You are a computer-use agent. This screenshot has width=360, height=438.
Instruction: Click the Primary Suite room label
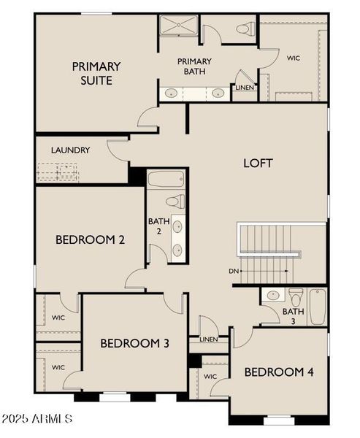pyautogui.click(x=96, y=73)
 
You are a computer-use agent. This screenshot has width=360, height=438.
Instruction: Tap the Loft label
pyautogui.click(x=258, y=163)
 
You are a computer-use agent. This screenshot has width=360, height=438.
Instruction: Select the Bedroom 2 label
pyautogui.click(x=90, y=239)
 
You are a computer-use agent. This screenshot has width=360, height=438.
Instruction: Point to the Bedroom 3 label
pyautogui.click(x=135, y=343)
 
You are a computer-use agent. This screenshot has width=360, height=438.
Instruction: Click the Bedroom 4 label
pyautogui.click(x=279, y=372)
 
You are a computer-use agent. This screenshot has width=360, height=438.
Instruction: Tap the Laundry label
pyautogui.click(x=71, y=150)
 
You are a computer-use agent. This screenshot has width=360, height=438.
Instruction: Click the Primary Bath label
pyautogui.click(x=194, y=66)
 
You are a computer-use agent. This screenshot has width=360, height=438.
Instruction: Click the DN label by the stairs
pyautogui.click(x=234, y=272)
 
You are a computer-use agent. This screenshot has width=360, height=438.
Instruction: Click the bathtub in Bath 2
pyautogui.click(x=166, y=179)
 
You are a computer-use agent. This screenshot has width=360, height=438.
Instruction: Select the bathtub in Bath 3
pyautogui.click(x=318, y=307)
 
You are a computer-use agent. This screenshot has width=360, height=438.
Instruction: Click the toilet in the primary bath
pyautogui.click(x=246, y=29)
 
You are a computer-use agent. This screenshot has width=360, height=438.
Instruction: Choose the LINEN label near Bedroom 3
pyautogui.click(x=208, y=339)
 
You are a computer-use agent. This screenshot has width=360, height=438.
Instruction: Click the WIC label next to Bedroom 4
pyautogui.click(x=210, y=376)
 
